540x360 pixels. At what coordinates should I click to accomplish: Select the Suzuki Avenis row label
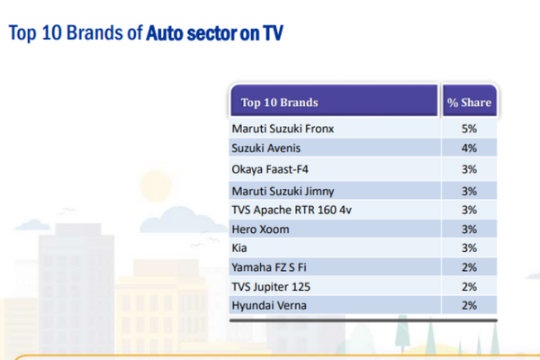coord(265,148)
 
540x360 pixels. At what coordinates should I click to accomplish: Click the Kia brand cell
coord(240,247)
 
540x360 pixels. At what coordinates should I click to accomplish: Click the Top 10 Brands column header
coord(280,103)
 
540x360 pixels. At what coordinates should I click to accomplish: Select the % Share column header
coord(469,103)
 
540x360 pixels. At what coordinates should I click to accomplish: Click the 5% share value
coord(470,129)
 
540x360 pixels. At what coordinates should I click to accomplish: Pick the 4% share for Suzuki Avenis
coord(470,148)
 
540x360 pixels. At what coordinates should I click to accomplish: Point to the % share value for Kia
coord(470,247)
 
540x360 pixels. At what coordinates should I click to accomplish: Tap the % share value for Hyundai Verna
coord(470,305)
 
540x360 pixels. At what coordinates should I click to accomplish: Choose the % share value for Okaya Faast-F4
coord(470,168)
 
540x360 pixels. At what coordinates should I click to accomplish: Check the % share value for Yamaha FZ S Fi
coord(470,267)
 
